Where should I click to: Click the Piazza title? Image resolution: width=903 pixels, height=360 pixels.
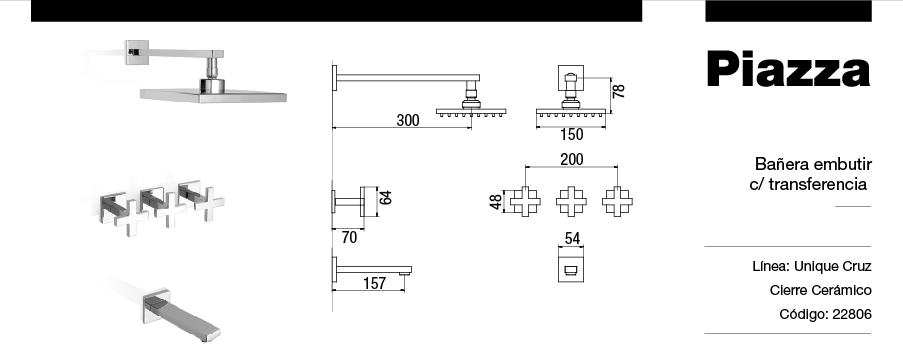click(788, 69)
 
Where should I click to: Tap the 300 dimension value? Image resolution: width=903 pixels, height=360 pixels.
click(408, 120)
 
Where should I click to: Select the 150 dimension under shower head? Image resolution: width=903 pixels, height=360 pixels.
click(571, 134)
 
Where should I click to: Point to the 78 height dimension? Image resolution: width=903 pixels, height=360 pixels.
click(619, 91)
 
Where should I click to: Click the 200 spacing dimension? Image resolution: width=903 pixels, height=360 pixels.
click(571, 159)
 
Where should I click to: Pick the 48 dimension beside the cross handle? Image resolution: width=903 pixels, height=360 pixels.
click(496, 202)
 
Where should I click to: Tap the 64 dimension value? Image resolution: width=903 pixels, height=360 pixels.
click(386, 198)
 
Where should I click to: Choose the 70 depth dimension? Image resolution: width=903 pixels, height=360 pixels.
click(349, 237)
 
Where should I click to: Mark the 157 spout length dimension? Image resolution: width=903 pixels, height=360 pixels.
click(374, 283)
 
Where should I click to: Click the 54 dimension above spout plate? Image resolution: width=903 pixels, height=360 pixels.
click(572, 238)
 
